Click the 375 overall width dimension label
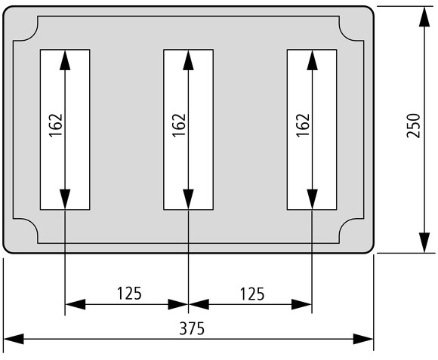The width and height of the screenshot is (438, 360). click(192, 328)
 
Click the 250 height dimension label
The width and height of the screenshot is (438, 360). click(413, 125)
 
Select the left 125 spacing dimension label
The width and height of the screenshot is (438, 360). click(129, 294)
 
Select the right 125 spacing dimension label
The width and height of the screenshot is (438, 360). click(252, 294)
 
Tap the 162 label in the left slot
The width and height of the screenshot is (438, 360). click(56, 125)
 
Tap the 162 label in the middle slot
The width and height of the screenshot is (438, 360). click(179, 125)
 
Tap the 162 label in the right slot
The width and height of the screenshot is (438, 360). click(303, 125)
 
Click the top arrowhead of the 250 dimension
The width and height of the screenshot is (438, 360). click(424, 17)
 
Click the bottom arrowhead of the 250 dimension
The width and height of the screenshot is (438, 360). click(424, 242)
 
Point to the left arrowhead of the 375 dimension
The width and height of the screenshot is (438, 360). click(14, 339)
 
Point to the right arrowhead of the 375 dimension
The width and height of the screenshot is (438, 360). click(363, 339)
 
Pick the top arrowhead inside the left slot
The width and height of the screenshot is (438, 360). click(65, 60)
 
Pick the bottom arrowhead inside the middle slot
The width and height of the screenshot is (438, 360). click(188, 199)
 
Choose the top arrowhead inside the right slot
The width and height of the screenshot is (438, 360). click(312, 60)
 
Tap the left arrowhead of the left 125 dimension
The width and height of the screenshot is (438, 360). click(76, 304)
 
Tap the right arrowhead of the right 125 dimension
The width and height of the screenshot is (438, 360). click(301, 304)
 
